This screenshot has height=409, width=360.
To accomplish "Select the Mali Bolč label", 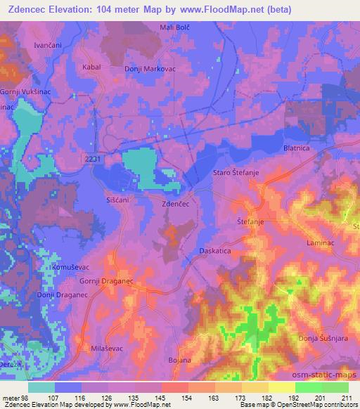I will [176, 27].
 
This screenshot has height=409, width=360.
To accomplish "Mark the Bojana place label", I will [180, 361].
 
